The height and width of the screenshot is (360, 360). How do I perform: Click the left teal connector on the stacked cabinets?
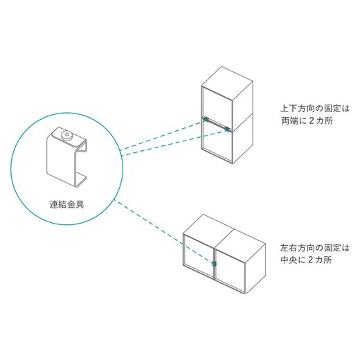click(206, 122)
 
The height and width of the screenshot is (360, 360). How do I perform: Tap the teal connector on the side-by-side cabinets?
click(215, 264)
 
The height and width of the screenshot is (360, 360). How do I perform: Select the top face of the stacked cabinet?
click(226, 79)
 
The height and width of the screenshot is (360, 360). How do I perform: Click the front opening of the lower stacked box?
click(216, 142)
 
